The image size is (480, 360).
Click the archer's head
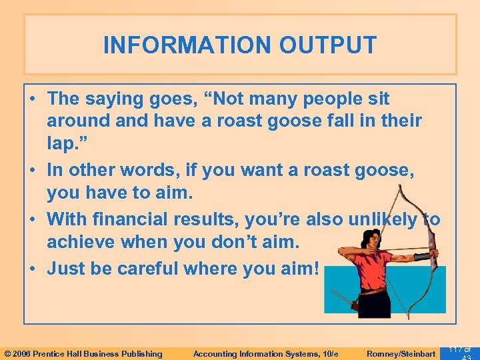pyautogui.click(x=363, y=237)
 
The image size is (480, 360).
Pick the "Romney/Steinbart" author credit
pyautogui.click(x=401, y=354)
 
